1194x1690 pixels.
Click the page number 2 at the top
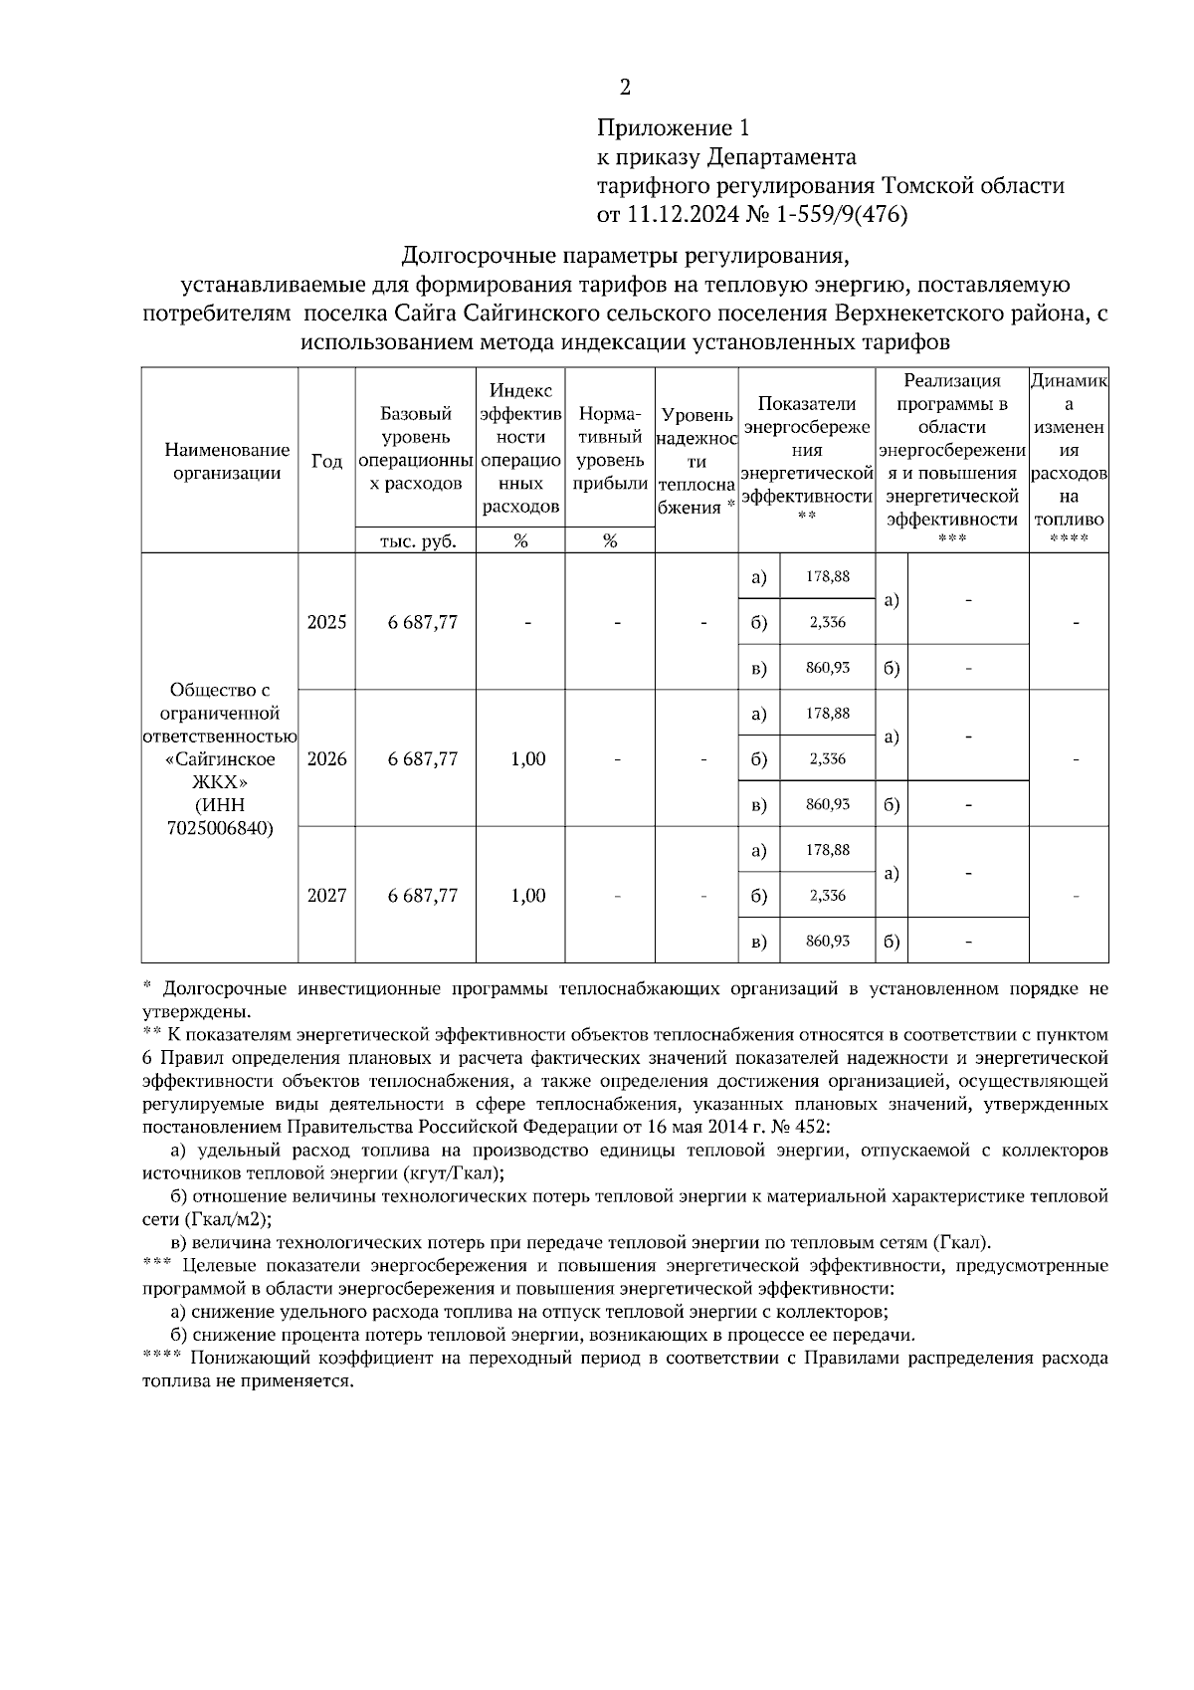[625, 89]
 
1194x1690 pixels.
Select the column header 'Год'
[326, 461]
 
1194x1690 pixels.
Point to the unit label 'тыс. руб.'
[416, 541]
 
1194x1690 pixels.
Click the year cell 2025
[326, 622]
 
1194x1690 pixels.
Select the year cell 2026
[326, 759]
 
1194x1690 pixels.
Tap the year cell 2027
[326, 896]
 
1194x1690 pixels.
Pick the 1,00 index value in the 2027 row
[527, 896]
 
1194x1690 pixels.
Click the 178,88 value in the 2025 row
[828, 576]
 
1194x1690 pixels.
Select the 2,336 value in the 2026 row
[828, 759]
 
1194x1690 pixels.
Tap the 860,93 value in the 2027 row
[828, 941]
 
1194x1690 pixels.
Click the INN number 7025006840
[220, 828]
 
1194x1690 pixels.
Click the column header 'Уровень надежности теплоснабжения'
[696, 461]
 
